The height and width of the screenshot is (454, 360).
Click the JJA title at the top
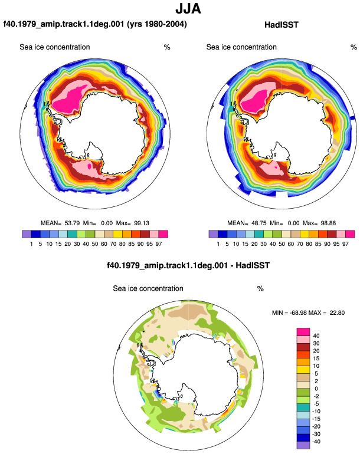pyautogui.click(x=188, y=9)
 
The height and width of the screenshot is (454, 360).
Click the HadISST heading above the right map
pyautogui.click(x=281, y=25)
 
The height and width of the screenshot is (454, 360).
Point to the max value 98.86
pyautogui.click(x=328, y=223)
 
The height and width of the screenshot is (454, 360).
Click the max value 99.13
pyautogui.click(x=142, y=223)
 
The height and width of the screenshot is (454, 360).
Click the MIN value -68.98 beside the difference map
pyautogui.click(x=298, y=312)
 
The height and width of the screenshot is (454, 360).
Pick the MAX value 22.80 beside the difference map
pyautogui.click(x=337, y=312)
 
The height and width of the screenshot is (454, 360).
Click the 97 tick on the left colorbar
pyautogui.click(x=159, y=244)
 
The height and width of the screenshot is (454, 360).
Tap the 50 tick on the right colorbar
pyautogui.click(x=282, y=244)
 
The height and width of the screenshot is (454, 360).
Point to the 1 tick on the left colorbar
pyautogui.click(x=31, y=244)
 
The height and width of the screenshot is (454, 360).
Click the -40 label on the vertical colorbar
pyautogui.click(x=316, y=442)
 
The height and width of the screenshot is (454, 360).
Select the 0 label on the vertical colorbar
pyautogui.click(x=316, y=389)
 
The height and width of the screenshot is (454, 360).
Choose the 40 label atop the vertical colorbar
pyautogui.click(x=316, y=335)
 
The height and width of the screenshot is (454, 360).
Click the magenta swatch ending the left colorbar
pyautogui.click(x=163, y=234)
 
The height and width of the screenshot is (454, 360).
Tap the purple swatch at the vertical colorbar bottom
pyautogui.click(x=303, y=445)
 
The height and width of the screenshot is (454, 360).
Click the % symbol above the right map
pyautogui.click(x=354, y=47)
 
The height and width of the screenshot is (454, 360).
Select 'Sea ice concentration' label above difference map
pyautogui.click(x=148, y=288)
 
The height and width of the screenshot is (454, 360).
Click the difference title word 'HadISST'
pyautogui.click(x=253, y=265)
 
